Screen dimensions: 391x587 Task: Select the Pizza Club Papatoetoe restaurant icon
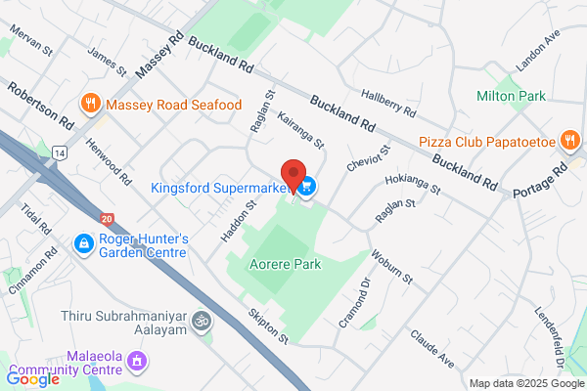coord(568,141)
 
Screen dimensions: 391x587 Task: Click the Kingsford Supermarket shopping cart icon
coord(308,186)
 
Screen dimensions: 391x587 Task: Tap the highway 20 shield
coord(106,219)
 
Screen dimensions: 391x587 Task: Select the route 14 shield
coord(61,153)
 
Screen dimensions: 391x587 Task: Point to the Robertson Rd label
coord(40,107)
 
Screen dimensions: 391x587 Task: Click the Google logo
coord(32,378)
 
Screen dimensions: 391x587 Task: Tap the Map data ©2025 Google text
coord(524,382)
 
